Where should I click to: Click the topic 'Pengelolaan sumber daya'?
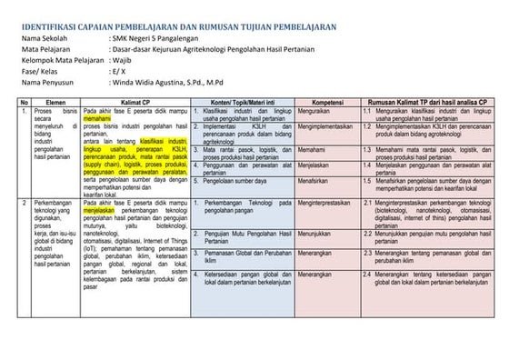(x=239, y=181)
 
